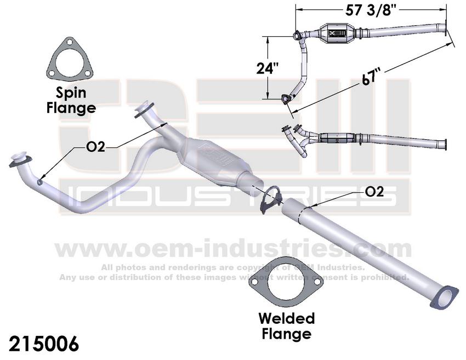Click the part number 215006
44,344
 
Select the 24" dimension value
268,68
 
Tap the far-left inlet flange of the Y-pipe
21,158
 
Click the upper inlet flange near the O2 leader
145,109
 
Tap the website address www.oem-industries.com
232,248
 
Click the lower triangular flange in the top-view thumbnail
286,99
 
